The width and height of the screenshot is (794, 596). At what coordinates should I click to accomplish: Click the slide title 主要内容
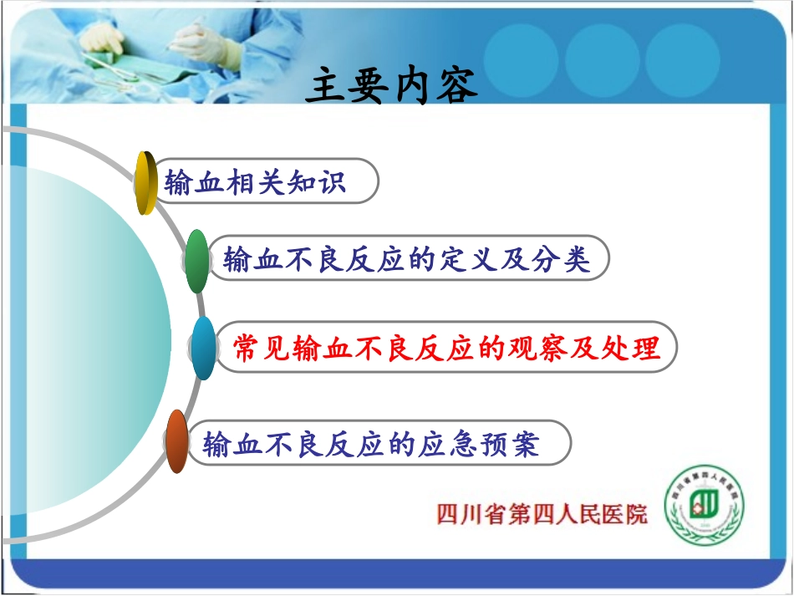[x=391, y=85]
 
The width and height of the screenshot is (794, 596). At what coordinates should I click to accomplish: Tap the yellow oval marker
[x=146, y=182]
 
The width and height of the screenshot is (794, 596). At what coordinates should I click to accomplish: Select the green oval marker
[x=196, y=261]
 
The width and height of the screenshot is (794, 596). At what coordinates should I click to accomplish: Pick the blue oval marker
[x=203, y=348]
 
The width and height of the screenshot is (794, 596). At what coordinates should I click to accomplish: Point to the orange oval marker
[x=176, y=442]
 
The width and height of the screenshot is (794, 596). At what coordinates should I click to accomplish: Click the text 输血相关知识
[x=255, y=182]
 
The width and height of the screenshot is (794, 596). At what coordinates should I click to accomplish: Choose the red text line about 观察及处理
[x=446, y=348]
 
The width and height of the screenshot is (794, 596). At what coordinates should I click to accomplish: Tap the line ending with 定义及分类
[x=407, y=261]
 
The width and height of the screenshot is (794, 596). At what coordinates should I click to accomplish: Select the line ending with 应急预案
[x=372, y=443]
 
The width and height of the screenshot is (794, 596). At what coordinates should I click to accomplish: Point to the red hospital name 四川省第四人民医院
[x=542, y=513]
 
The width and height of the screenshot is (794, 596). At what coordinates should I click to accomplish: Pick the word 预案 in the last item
[x=515, y=443]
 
